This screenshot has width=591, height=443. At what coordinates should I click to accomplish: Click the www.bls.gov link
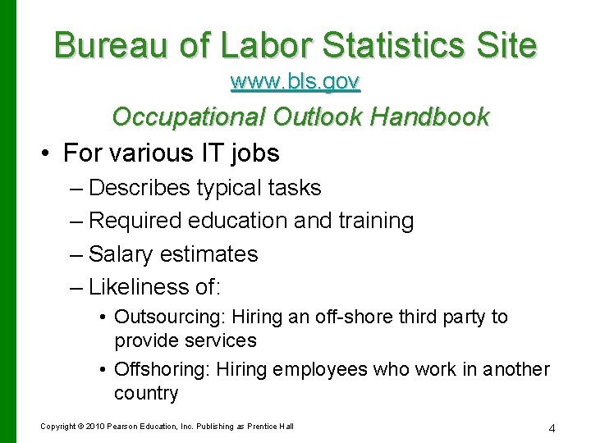point(295,82)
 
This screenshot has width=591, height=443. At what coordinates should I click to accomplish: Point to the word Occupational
point(188,117)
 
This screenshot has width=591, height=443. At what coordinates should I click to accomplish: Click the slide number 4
point(552,427)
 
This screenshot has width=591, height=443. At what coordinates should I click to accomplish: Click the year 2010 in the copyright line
point(94,427)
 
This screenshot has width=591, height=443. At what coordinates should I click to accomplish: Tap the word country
point(146,393)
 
